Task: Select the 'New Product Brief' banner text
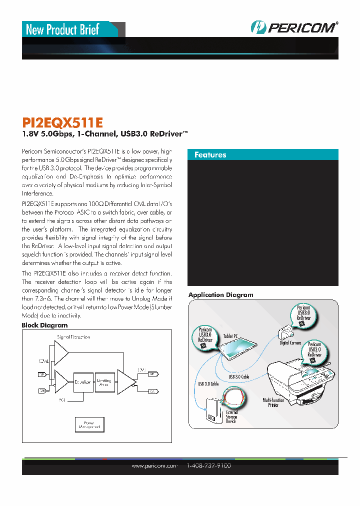click(62, 29)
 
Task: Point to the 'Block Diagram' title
click(44, 325)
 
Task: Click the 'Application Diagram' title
click(220, 295)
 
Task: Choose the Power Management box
click(88, 424)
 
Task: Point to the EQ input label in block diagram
click(62, 399)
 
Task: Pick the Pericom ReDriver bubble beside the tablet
click(205, 336)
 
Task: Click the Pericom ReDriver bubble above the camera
click(303, 314)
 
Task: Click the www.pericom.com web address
click(154, 466)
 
